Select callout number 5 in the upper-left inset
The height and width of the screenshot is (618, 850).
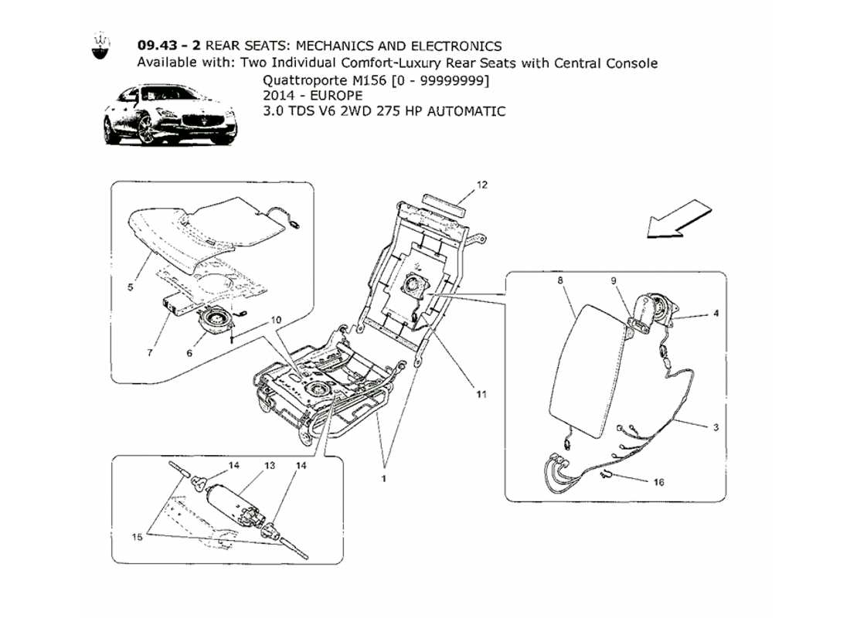(131, 287)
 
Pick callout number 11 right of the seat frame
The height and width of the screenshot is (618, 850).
(481, 394)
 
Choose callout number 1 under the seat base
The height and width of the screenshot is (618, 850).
(383, 478)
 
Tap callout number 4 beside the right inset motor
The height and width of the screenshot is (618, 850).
(716, 314)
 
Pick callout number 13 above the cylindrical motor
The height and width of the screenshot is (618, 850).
(270, 467)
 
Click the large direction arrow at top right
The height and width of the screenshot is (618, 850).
(678, 217)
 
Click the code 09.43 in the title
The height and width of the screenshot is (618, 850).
(155, 46)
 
